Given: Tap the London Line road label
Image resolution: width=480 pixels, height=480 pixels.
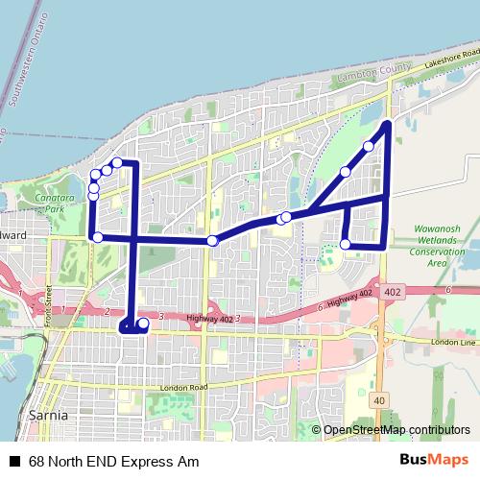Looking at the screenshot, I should pos(454,342).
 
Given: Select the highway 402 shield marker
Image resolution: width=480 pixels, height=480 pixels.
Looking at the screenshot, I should pos(392,290).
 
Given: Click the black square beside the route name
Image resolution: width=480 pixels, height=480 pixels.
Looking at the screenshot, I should pos(14,462).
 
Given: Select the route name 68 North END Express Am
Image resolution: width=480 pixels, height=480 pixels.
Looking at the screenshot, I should pos(113,462).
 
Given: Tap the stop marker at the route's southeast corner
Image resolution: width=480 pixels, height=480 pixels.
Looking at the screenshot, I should pos(346,244).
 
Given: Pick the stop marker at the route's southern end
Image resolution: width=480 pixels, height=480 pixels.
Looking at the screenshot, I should pos(143,324).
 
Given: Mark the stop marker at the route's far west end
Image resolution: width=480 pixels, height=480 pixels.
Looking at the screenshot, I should pos(97,236).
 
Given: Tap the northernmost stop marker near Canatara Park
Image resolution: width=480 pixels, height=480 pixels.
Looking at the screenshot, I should pos(117,163).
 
